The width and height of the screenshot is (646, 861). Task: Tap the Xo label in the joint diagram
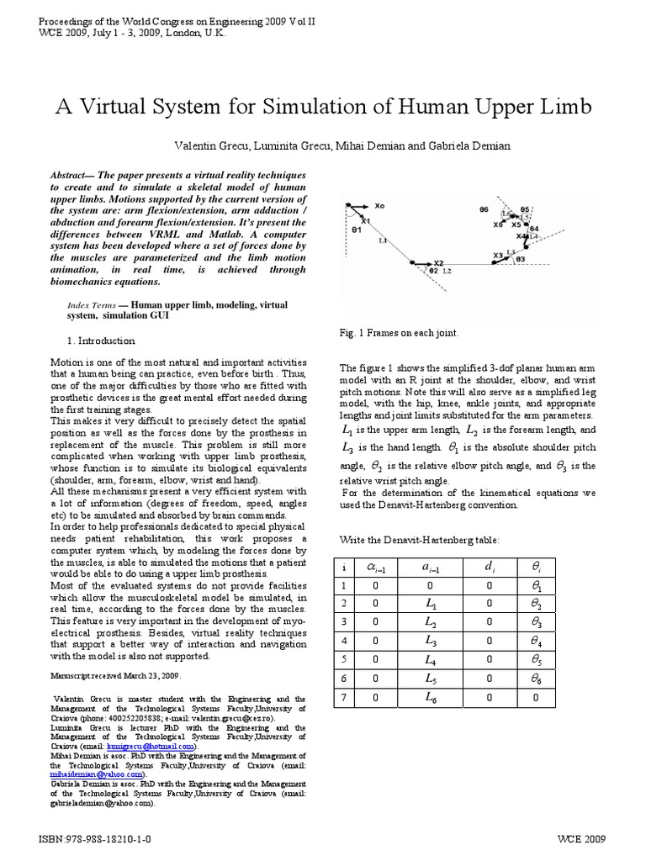point(379,205)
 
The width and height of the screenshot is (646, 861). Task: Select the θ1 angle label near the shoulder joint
point(357,228)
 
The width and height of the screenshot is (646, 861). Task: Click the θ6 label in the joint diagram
point(484,209)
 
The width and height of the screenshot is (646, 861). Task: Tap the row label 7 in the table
point(342,697)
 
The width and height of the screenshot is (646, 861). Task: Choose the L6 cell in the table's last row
point(431,697)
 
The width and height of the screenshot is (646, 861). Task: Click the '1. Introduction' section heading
point(100,341)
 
